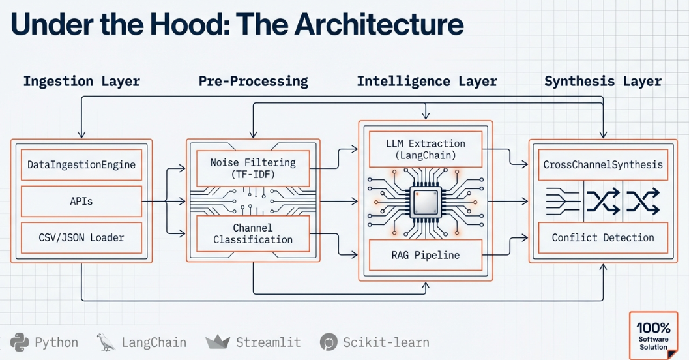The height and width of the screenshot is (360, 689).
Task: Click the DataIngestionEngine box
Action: pos(81,164)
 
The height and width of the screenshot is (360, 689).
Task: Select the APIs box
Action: pos(81,201)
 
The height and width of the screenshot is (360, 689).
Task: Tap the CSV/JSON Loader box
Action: pos(81,237)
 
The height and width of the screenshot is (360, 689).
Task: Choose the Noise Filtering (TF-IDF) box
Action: pos(253,168)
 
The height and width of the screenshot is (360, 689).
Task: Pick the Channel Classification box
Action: pos(253,233)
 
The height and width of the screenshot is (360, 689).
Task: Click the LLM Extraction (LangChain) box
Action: pos(426,149)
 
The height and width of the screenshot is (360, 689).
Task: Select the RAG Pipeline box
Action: pos(426,254)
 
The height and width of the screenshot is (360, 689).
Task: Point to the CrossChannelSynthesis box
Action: pos(603,164)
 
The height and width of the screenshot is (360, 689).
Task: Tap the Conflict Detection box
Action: pos(603,237)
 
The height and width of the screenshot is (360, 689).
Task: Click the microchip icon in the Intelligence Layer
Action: pos(426,202)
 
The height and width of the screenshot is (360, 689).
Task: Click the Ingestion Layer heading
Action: pos(81,82)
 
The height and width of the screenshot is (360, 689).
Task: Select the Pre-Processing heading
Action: pos(253,82)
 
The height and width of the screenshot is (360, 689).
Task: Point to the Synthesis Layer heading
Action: pos(603,82)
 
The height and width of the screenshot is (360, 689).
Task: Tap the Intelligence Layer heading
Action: pos(426,82)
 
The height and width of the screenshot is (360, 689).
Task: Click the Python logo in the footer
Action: pos(20,342)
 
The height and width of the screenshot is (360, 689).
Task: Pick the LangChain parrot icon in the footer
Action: pos(106,342)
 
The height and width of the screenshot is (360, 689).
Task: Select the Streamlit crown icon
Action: pos(218,342)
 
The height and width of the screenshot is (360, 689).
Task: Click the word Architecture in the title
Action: pos(379,24)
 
